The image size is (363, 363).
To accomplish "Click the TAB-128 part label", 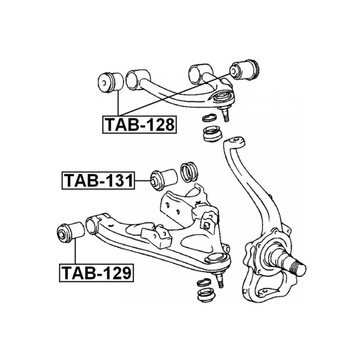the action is coord(140,125).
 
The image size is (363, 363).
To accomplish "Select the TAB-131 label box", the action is coord(98,181).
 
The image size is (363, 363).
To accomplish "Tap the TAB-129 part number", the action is coord(96,273).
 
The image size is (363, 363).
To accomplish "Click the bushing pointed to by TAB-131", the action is coord(164,180).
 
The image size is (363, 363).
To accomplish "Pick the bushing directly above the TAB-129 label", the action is coord(71,232).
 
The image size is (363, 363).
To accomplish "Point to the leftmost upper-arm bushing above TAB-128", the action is coord(111,83).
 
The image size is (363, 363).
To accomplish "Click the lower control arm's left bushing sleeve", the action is coord(92,224).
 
